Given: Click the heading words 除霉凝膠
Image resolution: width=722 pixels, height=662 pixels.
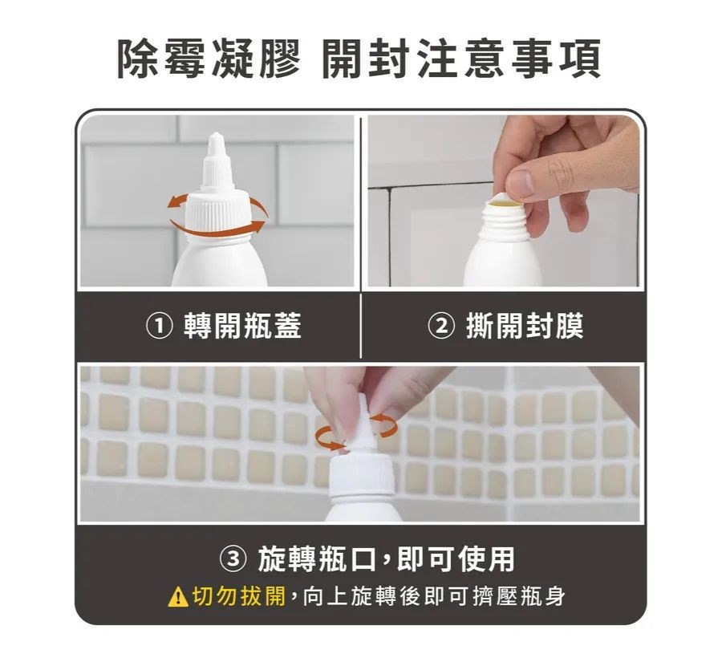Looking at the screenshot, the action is pyautogui.click(x=209, y=59).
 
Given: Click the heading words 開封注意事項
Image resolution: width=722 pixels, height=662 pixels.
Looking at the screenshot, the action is pyautogui.click(x=461, y=59).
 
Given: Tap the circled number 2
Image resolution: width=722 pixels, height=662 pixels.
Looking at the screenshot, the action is pyautogui.click(x=441, y=326).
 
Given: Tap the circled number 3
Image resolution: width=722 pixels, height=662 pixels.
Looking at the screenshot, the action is pyautogui.click(x=233, y=559).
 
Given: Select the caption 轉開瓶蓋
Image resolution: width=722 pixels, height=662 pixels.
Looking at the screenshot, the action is pyautogui.click(x=242, y=326).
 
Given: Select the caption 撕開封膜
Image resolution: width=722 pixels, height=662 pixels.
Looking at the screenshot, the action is pyautogui.click(x=525, y=326).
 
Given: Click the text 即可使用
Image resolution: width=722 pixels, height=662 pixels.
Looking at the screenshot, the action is pyautogui.click(x=456, y=559).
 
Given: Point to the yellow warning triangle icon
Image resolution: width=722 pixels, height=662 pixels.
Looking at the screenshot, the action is pyautogui.click(x=178, y=598).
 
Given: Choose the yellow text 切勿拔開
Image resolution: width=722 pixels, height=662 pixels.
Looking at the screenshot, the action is pyautogui.click(x=238, y=596).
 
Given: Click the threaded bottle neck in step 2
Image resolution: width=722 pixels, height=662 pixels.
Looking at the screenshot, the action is pyautogui.click(x=505, y=222).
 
